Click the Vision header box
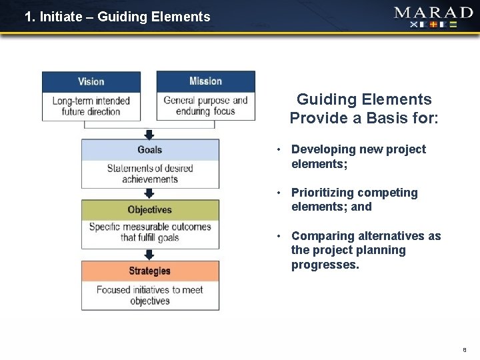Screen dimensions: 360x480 pyautogui.click(x=91, y=81)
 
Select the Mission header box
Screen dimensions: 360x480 pyautogui.click(x=205, y=81)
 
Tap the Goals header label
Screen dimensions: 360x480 pyautogui.click(x=150, y=149)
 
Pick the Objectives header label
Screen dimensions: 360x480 pyautogui.click(x=150, y=210)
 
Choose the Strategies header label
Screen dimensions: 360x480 pyautogui.click(x=150, y=271)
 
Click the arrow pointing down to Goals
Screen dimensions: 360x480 pyautogui.click(x=149, y=133)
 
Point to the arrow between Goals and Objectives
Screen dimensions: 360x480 pyautogui.click(x=149, y=193)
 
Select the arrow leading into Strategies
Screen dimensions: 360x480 pyautogui.click(x=149, y=255)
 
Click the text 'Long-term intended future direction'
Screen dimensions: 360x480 pyautogui.click(x=91, y=106)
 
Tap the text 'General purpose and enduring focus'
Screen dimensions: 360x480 pyautogui.click(x=205, y=106)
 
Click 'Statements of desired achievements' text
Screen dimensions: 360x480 pyautogui.click(x=150, y=173)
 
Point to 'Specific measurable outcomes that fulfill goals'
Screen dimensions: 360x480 pyautogui.click(x=150, y=232)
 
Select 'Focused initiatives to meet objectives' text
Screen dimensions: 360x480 pyautogui.click(x=150, y=295)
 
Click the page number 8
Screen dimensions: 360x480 pyautogui.click(x=464, y=349)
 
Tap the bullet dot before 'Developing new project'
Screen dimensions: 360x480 pyautogui.click(x=281, y=149)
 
